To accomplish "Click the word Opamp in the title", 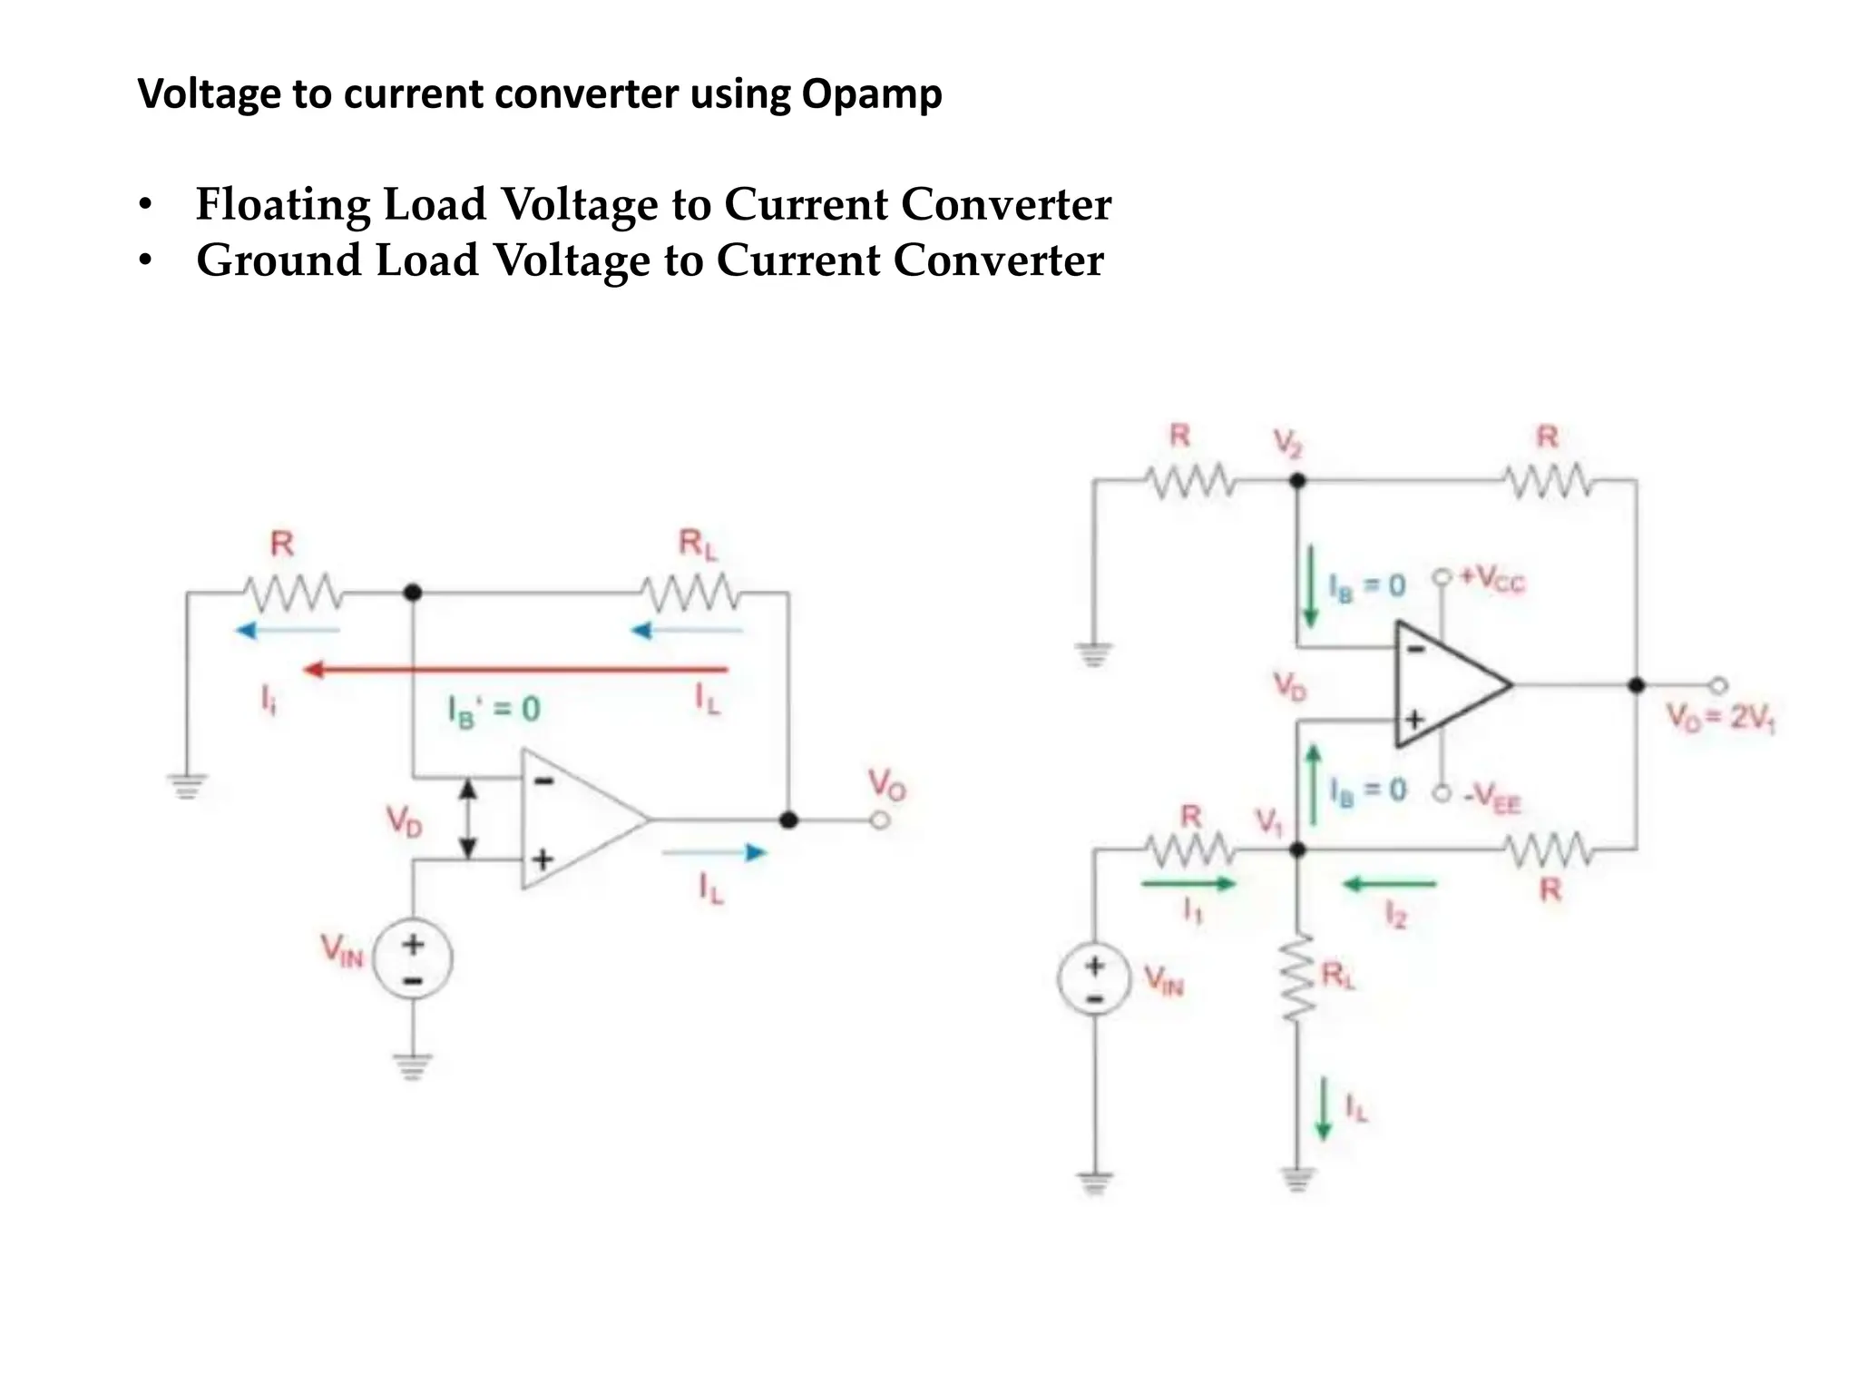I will [x=871, y=94].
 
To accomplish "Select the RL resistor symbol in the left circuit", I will [x=690, y=594].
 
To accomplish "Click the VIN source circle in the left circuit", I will [x=414, y=957].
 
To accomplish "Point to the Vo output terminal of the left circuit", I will [x=879, y=820].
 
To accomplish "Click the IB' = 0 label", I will [x=494, y=709].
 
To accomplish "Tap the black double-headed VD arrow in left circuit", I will [x=467, y=819].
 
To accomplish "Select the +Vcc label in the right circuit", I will [x=1491, y=579].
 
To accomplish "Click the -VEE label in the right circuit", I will [x=1491, y=799].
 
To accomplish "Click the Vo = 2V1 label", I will [x=1720, y=718].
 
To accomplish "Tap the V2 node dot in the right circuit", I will [x=1297, y=481].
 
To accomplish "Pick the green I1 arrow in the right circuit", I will [x=1188, y=883].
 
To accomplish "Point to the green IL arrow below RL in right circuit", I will [x=1324, y=1108].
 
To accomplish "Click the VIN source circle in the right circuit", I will [x=1095, y=978].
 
